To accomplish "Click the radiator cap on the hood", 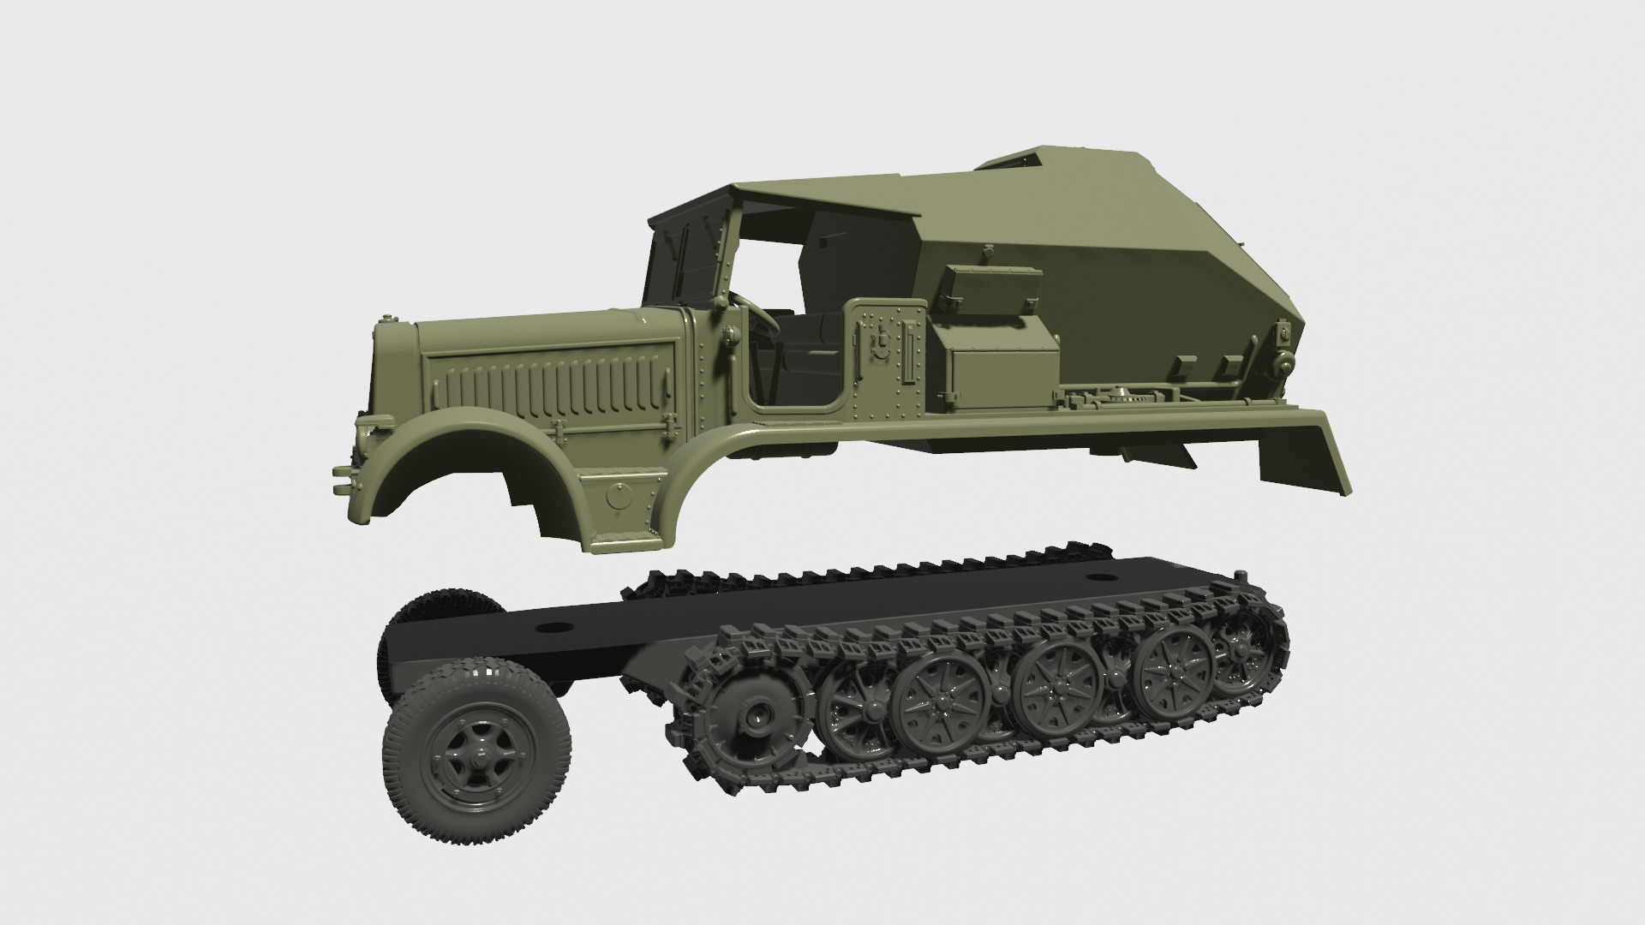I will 392,319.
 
